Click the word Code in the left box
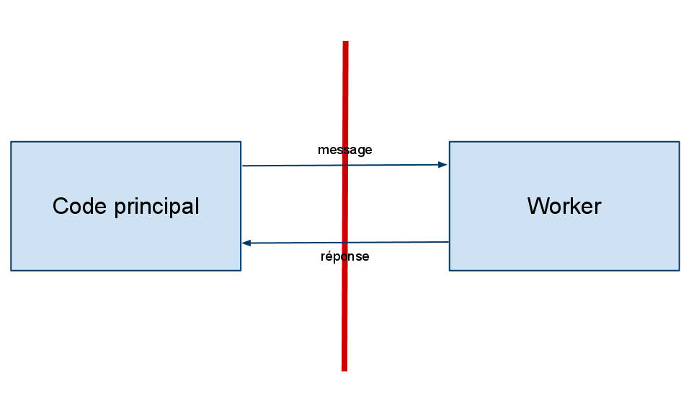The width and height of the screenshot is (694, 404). pyautogui.click(x=75, y=207)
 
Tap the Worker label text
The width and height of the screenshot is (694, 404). pyautogui.click(x=564, y=206)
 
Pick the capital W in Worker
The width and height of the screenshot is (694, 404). pyautogui.click(x=537, y=206)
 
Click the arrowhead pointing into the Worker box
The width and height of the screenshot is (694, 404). pyautogui.click(x=443, y=165)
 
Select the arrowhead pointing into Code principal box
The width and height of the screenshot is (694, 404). pyautogui.click(x=246, y=243)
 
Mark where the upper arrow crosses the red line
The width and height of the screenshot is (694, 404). pyautogui.click(x=345, y=166)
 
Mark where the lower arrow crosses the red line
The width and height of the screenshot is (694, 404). pyautogui.click(x=345, y=243)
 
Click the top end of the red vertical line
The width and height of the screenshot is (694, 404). pyautogui.click(x=346, y=42)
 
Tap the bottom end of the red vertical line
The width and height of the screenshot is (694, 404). pyautogui.click(x=344, y=369)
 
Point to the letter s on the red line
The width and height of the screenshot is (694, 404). pyautogui.click(x=346, y=151)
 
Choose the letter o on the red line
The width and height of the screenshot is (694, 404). pyautogui.click(x=344, y=256)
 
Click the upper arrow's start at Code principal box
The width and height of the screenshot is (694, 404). pyautogui.click(x=242, y=166)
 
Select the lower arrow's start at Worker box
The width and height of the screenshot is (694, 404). pyautogui.click(x=448, y=243)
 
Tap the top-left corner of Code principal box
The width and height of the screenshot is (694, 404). pyautogui.click(x=12, y=143)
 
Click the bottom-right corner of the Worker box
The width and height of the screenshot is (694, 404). pyautogui.click(x=678, y=270)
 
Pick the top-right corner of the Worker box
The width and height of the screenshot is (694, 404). pyautogui.click(x=678, y=143)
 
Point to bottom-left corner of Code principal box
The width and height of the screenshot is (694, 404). pyautogui.click(x=12, y=270)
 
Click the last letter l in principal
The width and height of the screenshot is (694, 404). pyautogui.click(x=196, y=207)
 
